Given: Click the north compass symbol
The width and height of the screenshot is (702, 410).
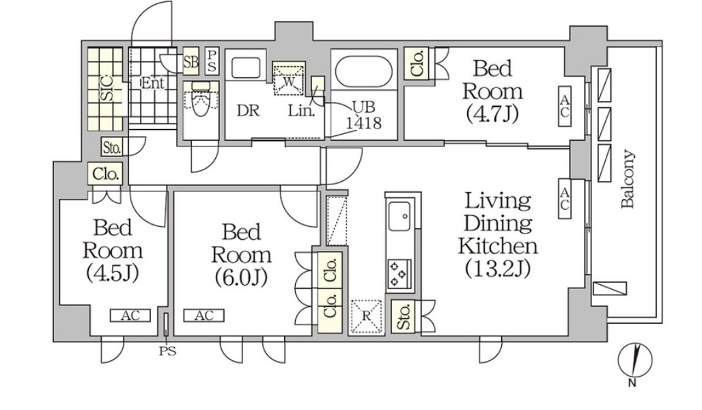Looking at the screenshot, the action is coord(635,361).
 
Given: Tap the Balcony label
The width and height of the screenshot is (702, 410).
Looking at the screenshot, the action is coord(628,179).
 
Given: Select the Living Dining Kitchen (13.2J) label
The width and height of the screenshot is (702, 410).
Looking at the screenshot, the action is coord(498,235).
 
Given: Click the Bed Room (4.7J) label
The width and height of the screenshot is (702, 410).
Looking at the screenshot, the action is coord(492,92).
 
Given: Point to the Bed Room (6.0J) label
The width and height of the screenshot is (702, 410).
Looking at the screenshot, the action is coord(241,255).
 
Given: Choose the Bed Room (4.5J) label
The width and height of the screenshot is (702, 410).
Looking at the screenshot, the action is coord(113,251).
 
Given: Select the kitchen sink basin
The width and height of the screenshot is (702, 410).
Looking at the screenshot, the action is coord(399,216).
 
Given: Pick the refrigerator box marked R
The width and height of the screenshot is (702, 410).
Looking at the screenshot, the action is coord(366,317).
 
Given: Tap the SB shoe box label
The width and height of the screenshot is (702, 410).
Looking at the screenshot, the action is coord(191,61).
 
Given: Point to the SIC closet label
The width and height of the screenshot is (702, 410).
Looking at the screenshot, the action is coord(106,89).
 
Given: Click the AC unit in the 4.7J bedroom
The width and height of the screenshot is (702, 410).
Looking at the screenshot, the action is coord(565,106).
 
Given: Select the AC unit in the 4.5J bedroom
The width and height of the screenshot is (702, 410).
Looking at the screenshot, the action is coord(130,316).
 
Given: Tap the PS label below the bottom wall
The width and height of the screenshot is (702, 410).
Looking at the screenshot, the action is coord(167,352).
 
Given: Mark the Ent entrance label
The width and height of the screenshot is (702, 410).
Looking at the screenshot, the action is coord(153,83).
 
